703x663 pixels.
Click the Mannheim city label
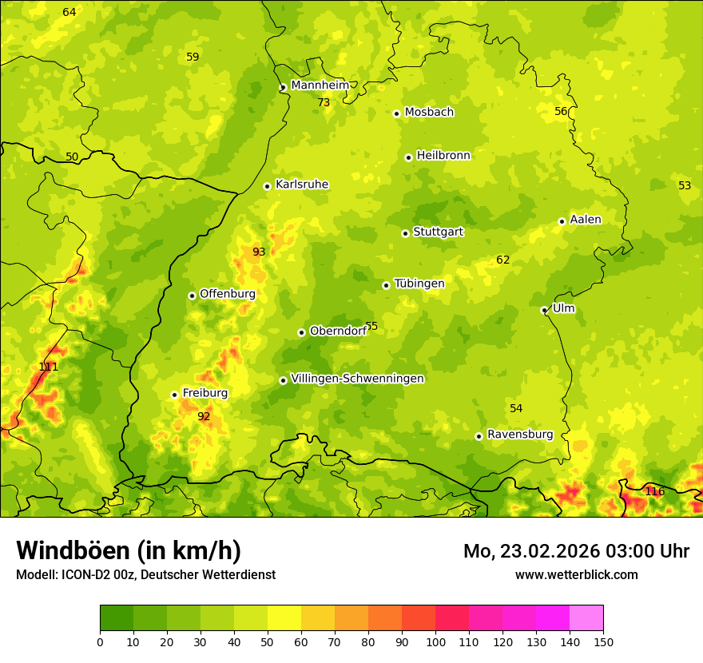[x=320, y=85]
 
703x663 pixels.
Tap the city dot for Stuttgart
[x=405, y=233]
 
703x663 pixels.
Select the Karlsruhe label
[x=301, y=185]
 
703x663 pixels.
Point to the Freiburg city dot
[x=174, y=395]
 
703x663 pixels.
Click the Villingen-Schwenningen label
[x=357, y=379]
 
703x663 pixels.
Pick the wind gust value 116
[x=654, y=491]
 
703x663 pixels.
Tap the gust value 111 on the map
[x=49, y=367]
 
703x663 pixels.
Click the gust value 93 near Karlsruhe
[x=259, y=252]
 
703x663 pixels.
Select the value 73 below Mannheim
[x=324, y=102]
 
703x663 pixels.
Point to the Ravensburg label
[x=519, y=435]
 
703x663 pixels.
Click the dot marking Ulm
[x=544, y=310]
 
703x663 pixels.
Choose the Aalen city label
[x=586, y=220]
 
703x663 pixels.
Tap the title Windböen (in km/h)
[x=128, y=550]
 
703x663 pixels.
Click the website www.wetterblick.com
[x=576, y=574]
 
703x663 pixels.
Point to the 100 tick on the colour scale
[x=435, y=641]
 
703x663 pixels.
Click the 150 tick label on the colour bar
[x=603, y=641]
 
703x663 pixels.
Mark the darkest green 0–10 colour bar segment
[x=117, y=618]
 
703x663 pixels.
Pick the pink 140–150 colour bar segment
[x=586, y=618]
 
